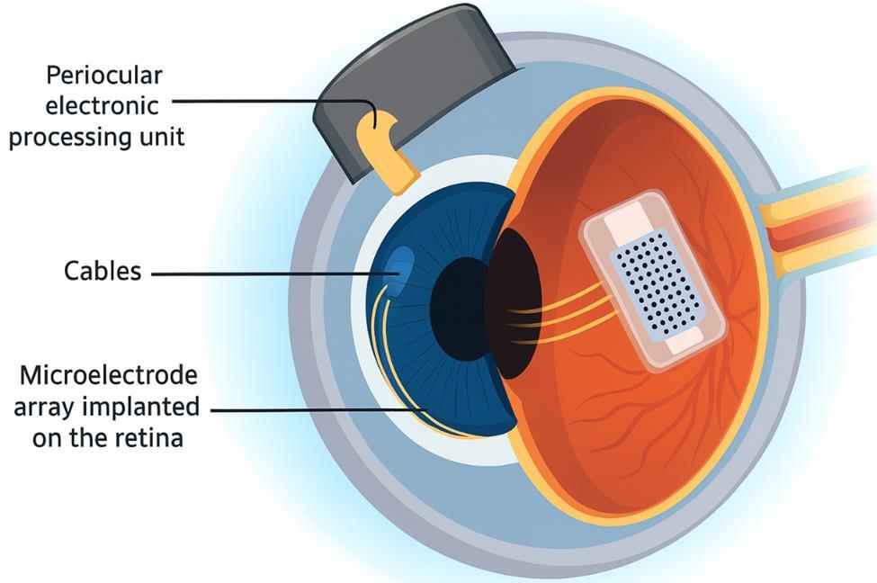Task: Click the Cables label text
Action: point(103,271)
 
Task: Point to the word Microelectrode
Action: point(108,374)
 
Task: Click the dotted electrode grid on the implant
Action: point(658,278)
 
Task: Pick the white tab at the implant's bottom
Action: point(685,342)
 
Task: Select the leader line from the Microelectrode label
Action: point(315,409)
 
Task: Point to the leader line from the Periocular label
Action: point(270,101)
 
